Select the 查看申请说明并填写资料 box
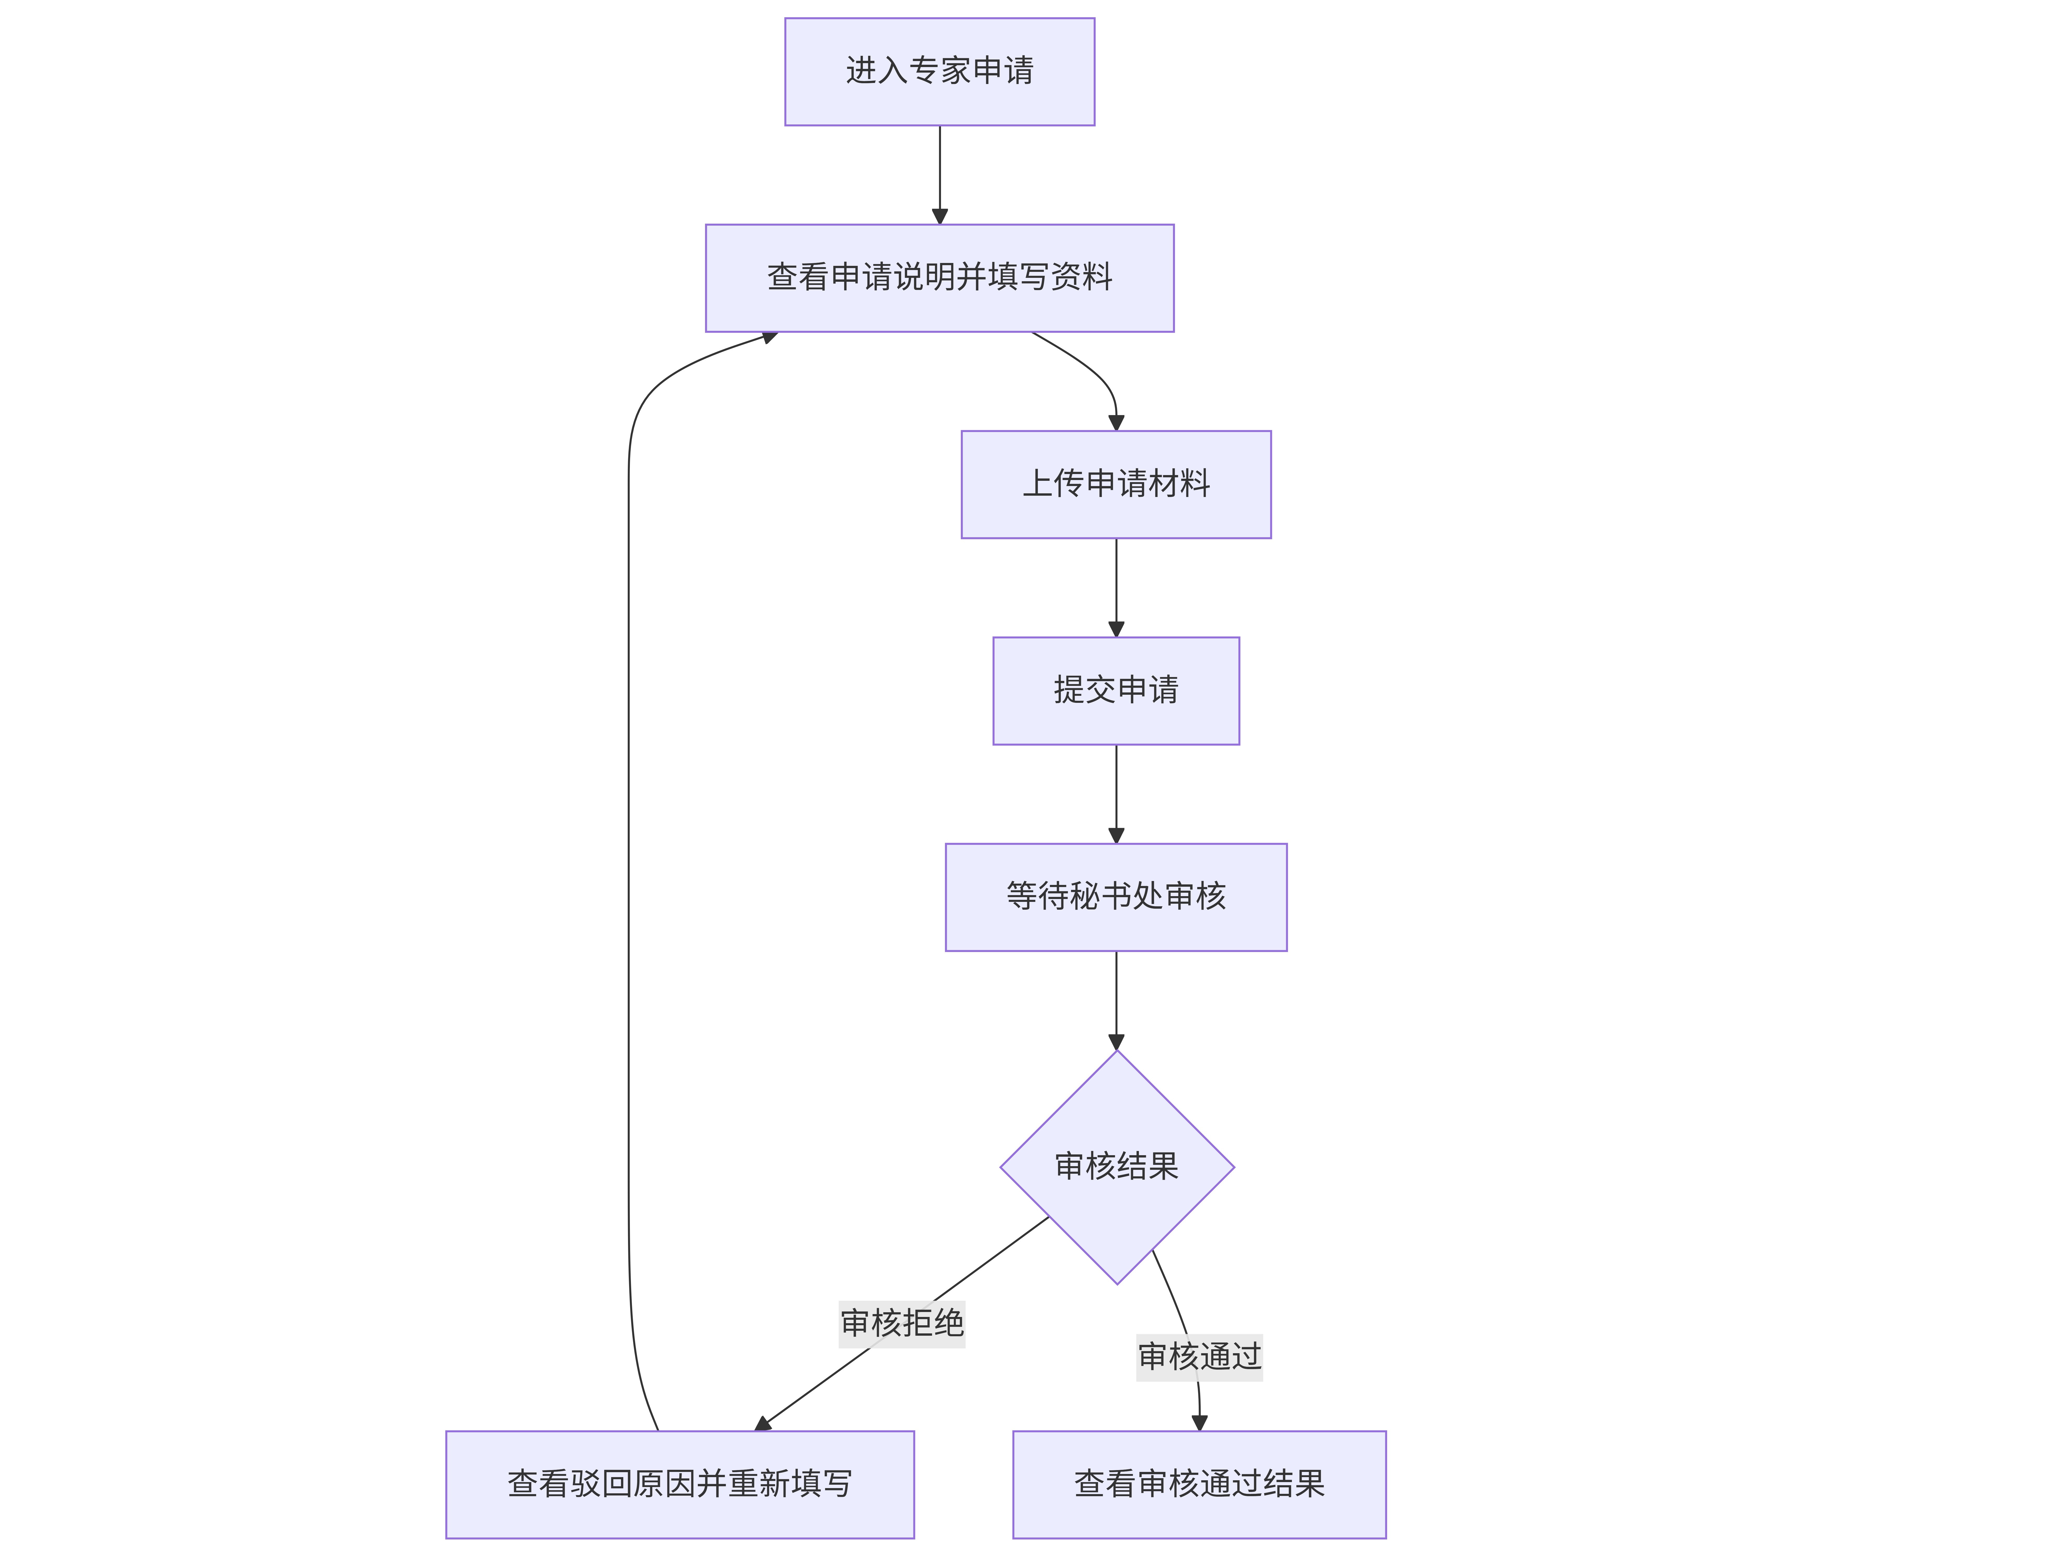click(939, 278)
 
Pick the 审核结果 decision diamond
click(1116, 1167)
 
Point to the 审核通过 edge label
click(1200, 1356)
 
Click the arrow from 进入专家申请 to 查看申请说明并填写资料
click(939, 175)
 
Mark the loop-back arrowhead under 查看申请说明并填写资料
click(769, 338)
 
